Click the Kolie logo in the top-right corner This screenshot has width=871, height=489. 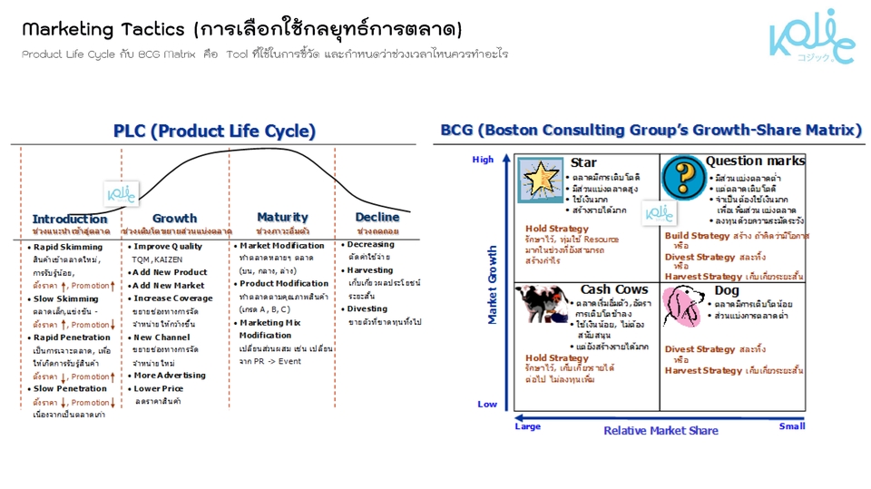(811, 37)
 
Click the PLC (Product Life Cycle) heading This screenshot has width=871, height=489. (214, 132)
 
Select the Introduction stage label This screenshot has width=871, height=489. (70, 219)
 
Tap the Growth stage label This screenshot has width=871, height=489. (174, 218)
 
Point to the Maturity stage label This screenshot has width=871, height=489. (282, 217)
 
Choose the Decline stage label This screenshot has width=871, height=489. (377, 217)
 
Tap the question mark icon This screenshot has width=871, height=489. (683, 178)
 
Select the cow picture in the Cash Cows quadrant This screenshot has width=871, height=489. (542, 306)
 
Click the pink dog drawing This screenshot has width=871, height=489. (683, 306)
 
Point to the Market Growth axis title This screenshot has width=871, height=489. (494, 284)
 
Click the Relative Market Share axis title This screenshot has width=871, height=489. (661, 430)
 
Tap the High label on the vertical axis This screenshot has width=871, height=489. (484, 160)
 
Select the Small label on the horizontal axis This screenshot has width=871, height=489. (791, 425)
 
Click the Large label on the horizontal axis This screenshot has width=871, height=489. (527, 425)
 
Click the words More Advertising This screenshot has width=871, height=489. (170, 375)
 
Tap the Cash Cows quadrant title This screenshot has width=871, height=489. (614, 289)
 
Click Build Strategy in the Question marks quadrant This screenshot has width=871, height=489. (697, 236)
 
